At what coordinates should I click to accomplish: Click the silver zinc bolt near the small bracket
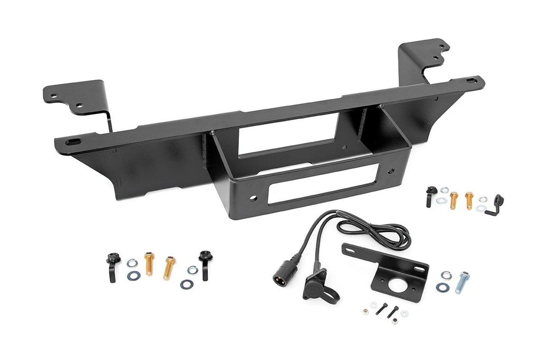click(462, 282)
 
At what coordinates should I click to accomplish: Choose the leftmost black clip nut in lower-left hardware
click(112, 266)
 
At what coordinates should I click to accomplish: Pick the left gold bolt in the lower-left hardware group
click(149, 264)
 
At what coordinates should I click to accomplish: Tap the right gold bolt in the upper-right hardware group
click(469, 200)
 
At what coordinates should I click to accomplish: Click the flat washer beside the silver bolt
click(441, 287)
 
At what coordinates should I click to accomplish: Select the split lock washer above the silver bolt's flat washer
click(446, 275)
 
